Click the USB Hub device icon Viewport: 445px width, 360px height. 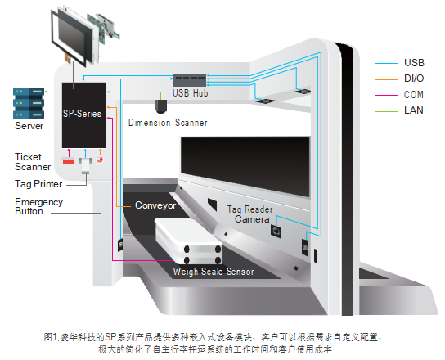(x=190, y=80)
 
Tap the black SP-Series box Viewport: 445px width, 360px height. (x=83, y=115)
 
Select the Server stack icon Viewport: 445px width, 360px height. (x=29, y=103)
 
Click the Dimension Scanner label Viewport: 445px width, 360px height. (x=168, y=123)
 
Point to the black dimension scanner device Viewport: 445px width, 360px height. (x=160, y=106)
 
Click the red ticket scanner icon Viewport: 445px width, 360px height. (x=69, y=161)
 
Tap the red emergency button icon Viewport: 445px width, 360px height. (x=100, y=160)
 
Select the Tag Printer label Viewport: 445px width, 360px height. (x=38, y=184)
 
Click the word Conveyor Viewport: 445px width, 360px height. (x=155, y=205)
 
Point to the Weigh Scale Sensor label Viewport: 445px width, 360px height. (x=214, y=272)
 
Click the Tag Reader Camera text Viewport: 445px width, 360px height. (x=250, y=214)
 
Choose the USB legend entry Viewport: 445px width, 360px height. (x=399, y=63)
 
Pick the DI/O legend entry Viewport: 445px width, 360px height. (x=399, y=79)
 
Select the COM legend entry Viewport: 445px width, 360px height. (x=399, y=95)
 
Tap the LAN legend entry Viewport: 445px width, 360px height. (x=399, y=110)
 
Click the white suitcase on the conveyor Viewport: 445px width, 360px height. (x=188, y=241)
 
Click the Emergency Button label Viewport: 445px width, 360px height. (x=38, y=206)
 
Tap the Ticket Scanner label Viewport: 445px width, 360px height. (x=33, y=162)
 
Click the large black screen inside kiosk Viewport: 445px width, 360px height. (x=245, y=166)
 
